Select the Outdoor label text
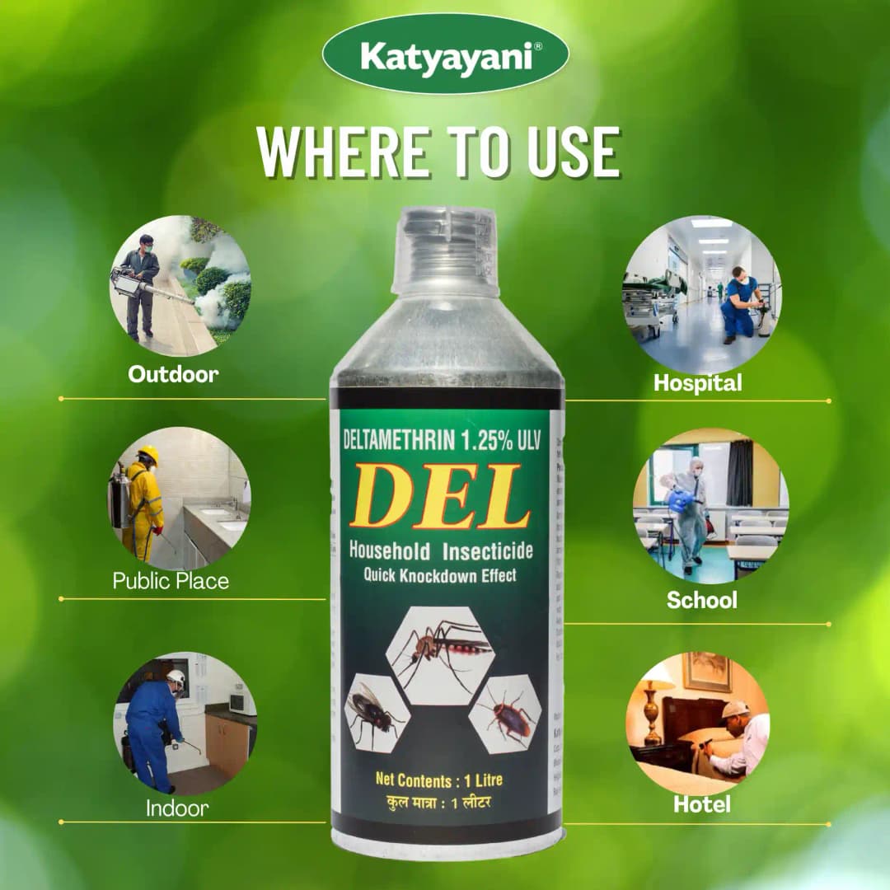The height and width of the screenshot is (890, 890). [173, 374]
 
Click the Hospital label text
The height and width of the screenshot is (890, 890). [697, 382]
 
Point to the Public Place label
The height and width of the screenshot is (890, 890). [171, 581]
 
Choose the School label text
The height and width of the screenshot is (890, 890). [701, 600]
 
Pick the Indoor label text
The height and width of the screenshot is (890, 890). [178, 808]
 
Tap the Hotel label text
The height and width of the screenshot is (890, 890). [701, 804]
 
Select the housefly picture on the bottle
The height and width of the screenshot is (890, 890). [375, 711]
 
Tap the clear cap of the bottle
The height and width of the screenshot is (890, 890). [446, 251]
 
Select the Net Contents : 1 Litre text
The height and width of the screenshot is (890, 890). [438, 780]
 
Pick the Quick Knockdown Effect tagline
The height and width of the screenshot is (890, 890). [440, 576]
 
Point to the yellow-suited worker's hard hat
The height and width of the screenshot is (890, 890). [149, 453]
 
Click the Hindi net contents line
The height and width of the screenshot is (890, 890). [439, 802]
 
